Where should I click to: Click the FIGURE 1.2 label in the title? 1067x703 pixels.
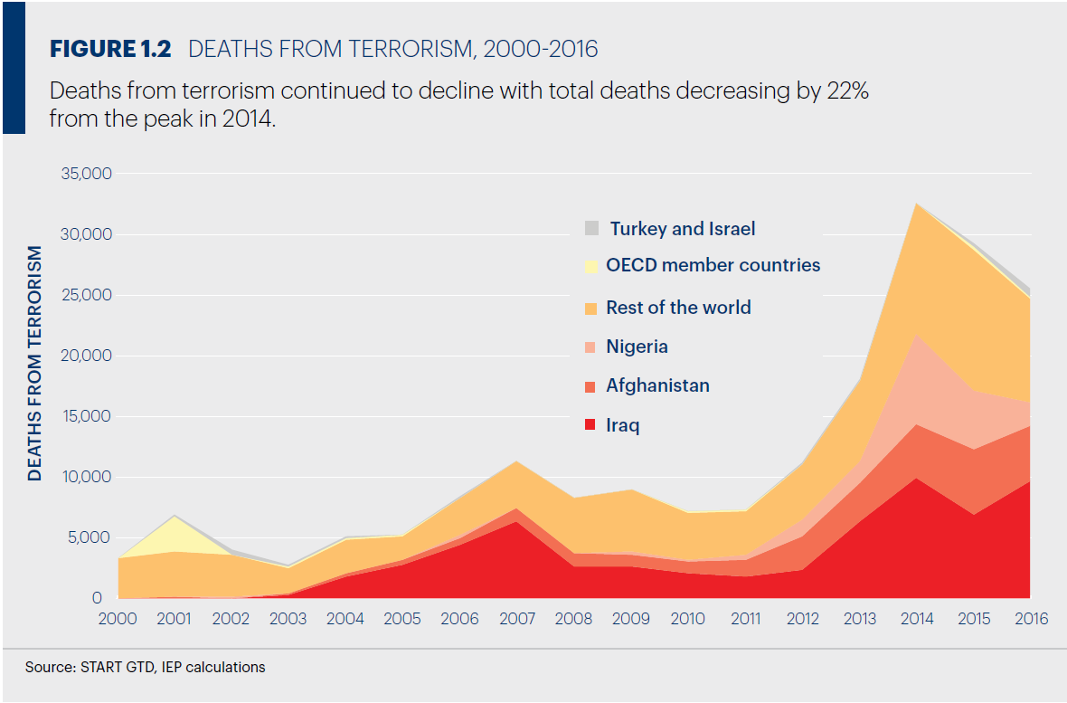(x=110, y=49)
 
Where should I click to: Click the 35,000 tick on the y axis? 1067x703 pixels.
(x=86, y=174)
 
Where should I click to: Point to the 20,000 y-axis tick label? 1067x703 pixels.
(x=86, y=356)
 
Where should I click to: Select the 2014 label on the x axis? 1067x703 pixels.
(x=916, y=619)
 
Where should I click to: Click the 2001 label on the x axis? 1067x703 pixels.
(x=174, y=619)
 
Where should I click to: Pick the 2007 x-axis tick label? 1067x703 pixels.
(x=516, y=619)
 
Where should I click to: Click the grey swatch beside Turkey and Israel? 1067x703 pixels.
(x=592, y=228)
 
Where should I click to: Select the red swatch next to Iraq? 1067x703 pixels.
(x=591, y=425)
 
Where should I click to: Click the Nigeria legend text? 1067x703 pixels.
(x=637, y=347)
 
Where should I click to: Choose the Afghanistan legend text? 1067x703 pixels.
(x=657, y=385)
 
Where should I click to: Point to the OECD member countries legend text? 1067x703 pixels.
(x=713, y=265)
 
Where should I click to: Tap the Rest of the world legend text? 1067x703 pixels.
(x=678, y=307)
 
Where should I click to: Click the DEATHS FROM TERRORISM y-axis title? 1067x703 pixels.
(x=35, y=363)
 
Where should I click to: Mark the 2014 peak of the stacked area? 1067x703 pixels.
(x=917, y=204)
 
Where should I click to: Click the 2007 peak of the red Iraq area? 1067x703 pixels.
(x=516, y=522)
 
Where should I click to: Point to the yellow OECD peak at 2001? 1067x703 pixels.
(x=175, y=518)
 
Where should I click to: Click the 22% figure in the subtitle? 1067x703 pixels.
(x=848, y=91)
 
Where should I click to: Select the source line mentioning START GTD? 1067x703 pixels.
(x=146, y=667)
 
